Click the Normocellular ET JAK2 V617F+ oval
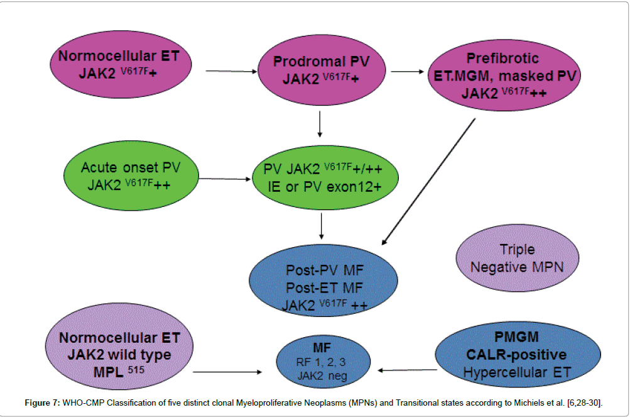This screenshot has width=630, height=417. pyautogui.click(x=119, y=64)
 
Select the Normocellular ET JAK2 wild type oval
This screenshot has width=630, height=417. pyautogui.click(x=119, y=355)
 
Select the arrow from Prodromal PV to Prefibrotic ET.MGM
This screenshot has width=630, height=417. pyautogui.click(x=407, y=71)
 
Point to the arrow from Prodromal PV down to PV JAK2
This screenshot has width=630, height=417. pyautogui.click(x=321, y=124)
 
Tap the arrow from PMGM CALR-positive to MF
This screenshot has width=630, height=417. pyautogui.click(x=408, y=370)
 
